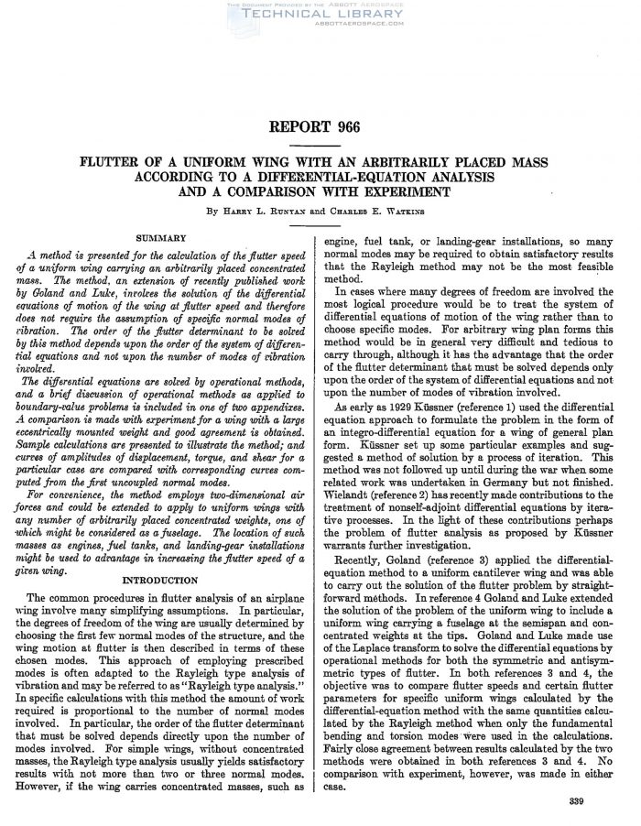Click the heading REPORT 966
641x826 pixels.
(320, 128)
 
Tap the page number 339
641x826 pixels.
(576, 803)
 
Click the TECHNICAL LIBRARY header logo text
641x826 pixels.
(320, 16)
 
